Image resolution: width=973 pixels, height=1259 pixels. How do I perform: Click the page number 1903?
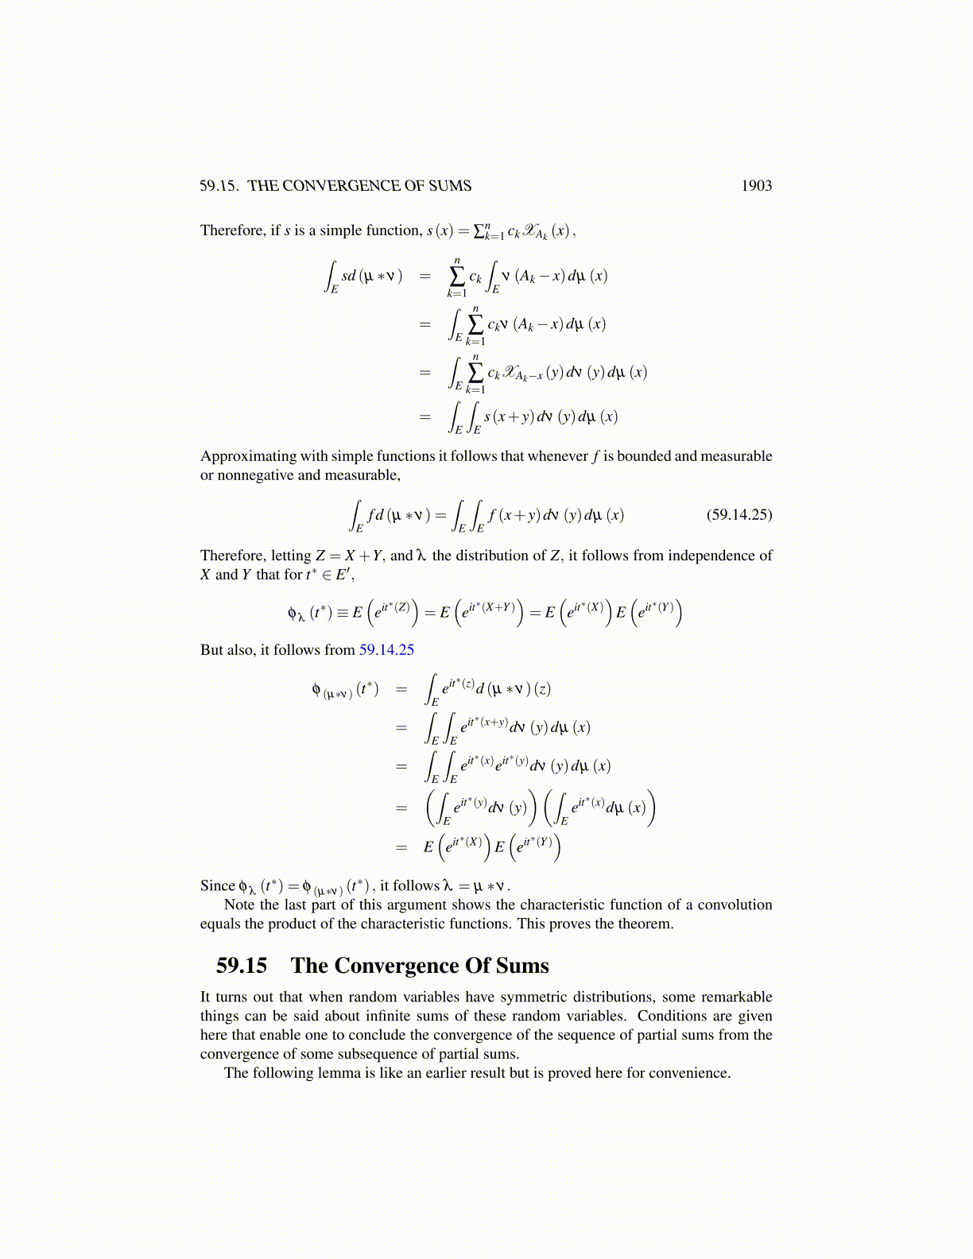tap(756, 186)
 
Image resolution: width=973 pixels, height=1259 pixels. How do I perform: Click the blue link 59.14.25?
tap(386, 650)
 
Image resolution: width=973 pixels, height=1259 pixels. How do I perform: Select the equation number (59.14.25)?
tap(738, 515)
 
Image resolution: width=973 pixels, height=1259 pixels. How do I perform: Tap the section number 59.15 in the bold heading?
tap(242, 966)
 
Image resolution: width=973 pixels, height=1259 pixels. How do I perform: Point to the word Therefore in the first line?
tap(232, 230)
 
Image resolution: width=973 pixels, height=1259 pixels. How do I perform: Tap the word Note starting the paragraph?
tap(239, 905)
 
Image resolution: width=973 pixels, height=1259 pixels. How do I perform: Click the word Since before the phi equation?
tap(217, 885)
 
